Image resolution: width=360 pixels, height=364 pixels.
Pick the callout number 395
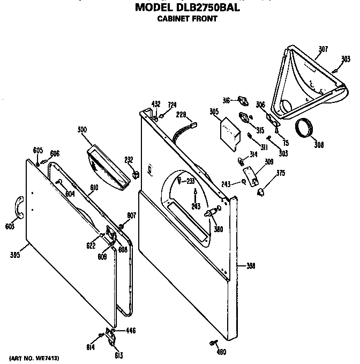point(15,256)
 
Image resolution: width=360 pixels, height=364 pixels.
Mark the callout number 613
point(118,355)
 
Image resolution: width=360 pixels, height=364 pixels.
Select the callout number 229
point(181,114)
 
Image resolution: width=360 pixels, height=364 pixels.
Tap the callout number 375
point(280,173)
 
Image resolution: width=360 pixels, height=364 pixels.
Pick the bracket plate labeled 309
point(250,175)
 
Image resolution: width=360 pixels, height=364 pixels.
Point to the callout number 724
point(172,105)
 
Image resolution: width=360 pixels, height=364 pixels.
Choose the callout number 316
point(227,100)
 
